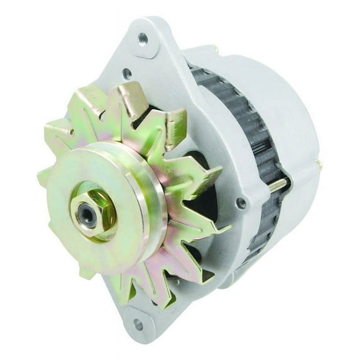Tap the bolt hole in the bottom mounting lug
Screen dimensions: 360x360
(x=138, y=325)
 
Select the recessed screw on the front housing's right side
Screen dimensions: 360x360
(x=241, y=203)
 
